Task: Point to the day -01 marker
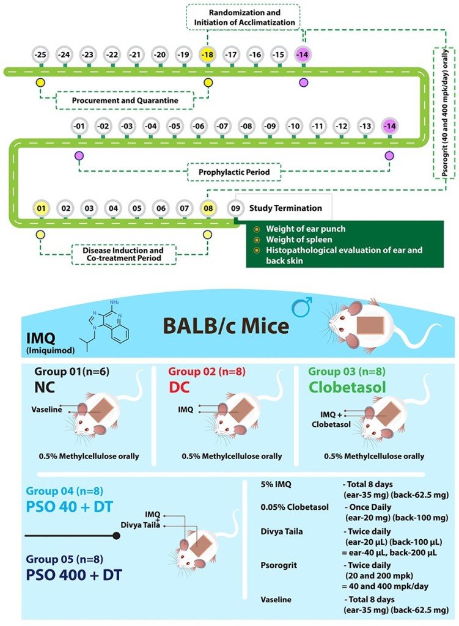pyautogui.click(x=79, y=127)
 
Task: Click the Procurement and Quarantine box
pyautogui.click(x=125, y=98)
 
